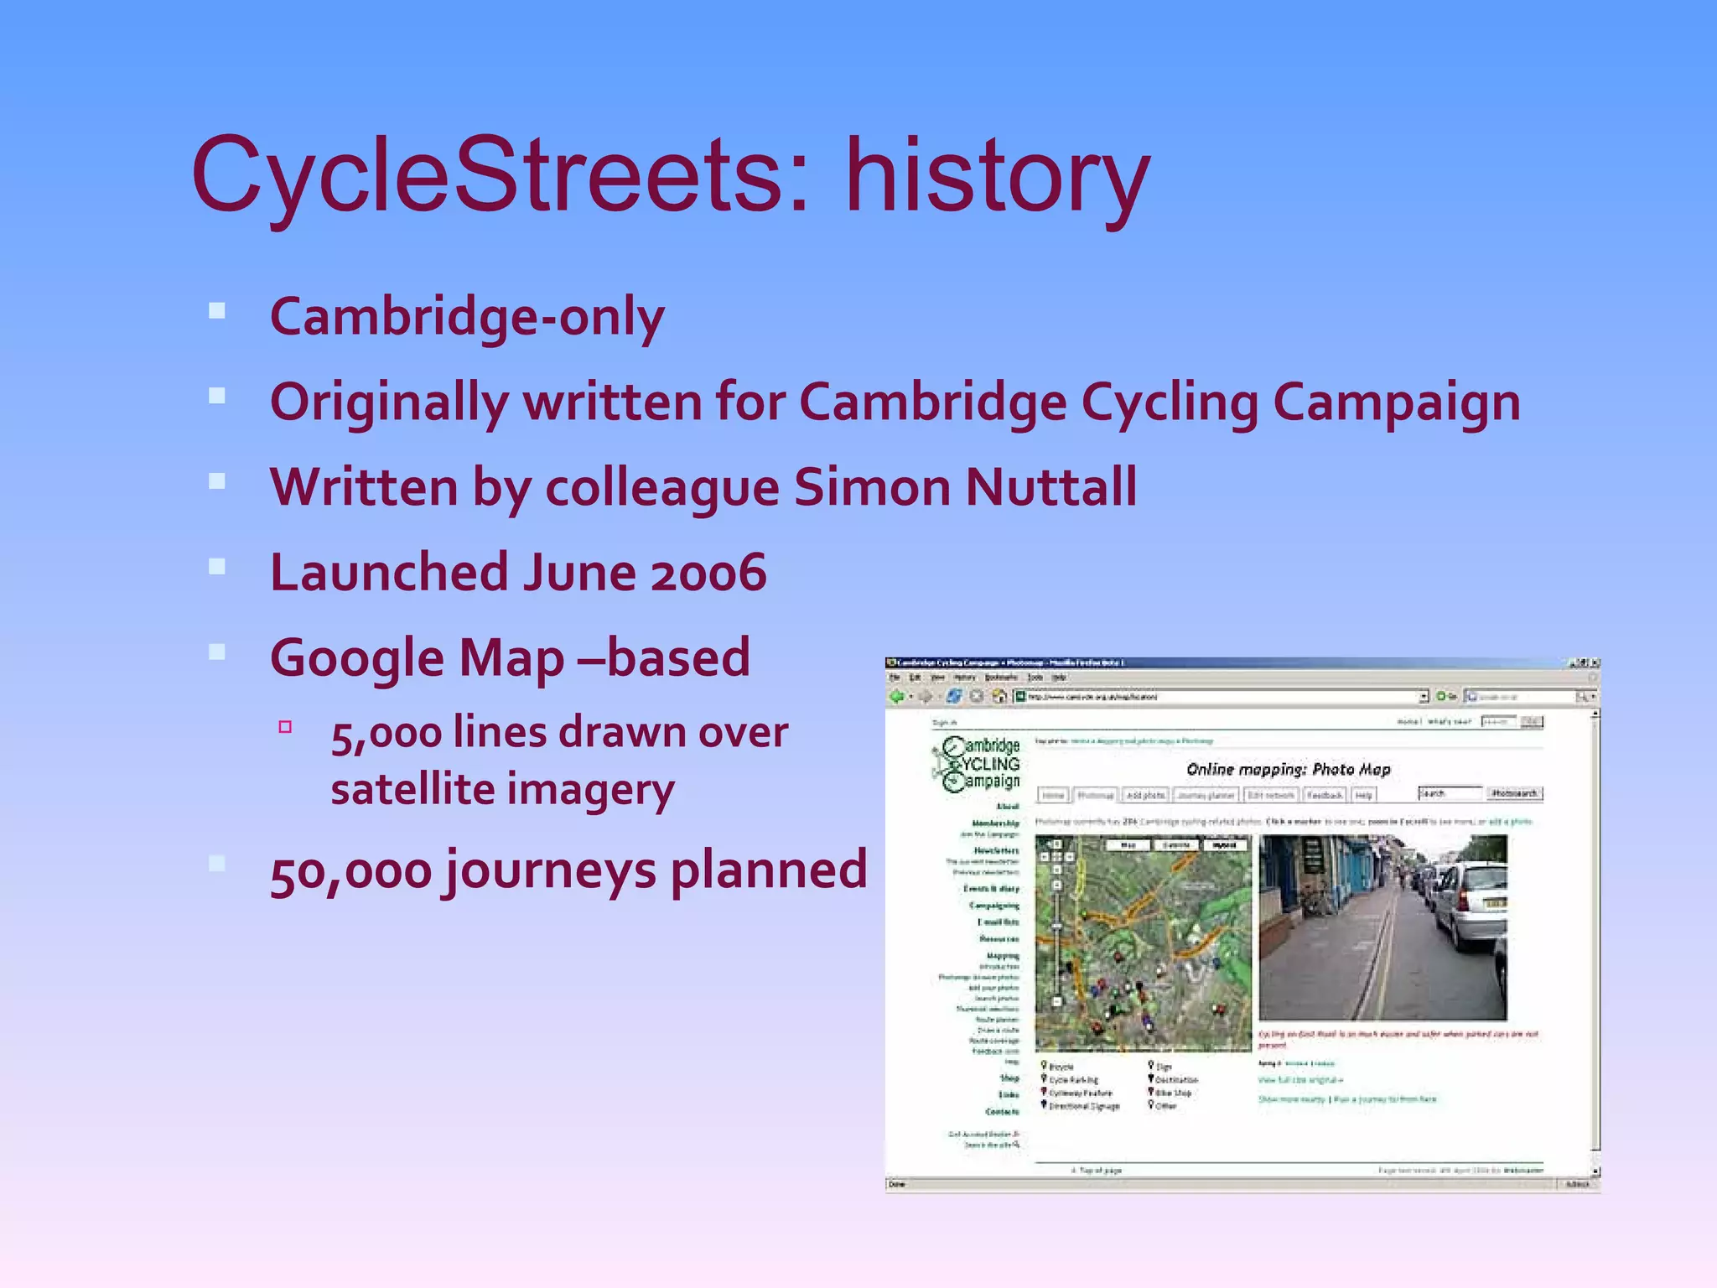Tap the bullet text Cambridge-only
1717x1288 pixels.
(x=467, y=318)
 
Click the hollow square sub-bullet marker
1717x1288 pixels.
(x=285, y=727)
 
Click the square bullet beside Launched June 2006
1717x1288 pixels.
(x=217, y=567)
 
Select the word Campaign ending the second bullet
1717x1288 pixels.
(x=1396, y=402)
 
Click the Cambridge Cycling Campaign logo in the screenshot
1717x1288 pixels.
(x=977, y=763)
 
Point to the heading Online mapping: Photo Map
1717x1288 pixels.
(x=1288, y=769)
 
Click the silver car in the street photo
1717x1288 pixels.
(x=1467, y=906)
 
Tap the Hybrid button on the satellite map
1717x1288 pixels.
(x=1224, y=845)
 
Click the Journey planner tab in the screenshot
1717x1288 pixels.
(x=1205, y=795)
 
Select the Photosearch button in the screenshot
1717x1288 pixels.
(x=1514, y=793)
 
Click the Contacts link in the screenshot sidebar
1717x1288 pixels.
(x=1002, y=1112)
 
